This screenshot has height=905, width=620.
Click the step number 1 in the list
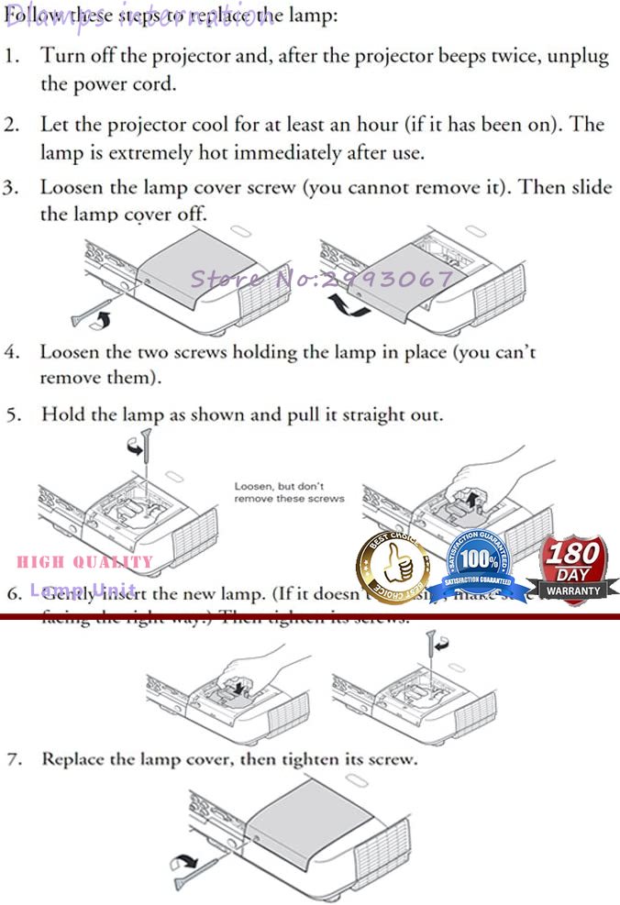click(12, 55)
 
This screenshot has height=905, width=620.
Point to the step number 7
click(12, 760)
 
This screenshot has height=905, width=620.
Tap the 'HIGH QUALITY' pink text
click(85, 562)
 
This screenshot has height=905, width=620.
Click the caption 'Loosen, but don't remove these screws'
click(289, 492)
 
